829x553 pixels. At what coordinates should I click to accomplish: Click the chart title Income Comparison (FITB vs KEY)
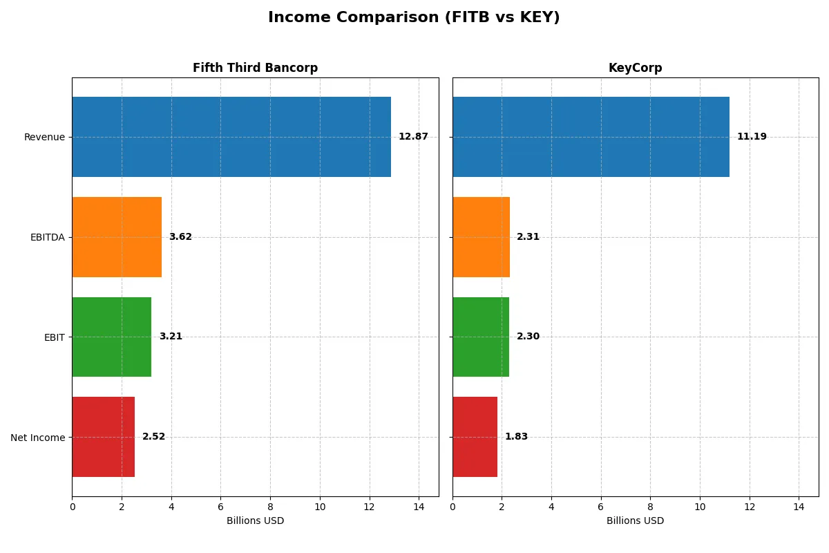414,17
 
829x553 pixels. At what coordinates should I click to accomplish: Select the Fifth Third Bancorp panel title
255,68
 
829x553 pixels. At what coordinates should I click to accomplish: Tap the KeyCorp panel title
635,68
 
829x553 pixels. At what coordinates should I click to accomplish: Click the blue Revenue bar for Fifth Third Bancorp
231,137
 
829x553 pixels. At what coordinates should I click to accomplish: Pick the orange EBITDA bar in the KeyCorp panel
481,237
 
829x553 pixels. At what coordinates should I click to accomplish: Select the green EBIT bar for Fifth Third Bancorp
111,337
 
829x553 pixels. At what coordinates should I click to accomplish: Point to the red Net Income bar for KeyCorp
475,437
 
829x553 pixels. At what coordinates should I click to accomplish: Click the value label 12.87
413,137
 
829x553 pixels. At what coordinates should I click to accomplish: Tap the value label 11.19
752,137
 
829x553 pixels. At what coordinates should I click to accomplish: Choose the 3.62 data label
180,237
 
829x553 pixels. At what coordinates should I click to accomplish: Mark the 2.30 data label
528,337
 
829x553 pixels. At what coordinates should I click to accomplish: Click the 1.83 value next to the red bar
516,437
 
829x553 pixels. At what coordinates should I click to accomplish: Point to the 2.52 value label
153,437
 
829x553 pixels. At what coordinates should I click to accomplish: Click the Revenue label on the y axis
44,137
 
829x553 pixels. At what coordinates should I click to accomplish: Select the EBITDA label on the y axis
48,237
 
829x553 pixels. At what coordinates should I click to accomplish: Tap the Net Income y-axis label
38,438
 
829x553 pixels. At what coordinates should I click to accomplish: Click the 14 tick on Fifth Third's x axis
419,507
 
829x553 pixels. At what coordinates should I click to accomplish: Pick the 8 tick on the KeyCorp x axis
650,507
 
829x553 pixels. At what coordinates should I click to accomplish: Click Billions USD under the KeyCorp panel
635,521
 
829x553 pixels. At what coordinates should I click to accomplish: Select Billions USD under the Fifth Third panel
255,521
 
